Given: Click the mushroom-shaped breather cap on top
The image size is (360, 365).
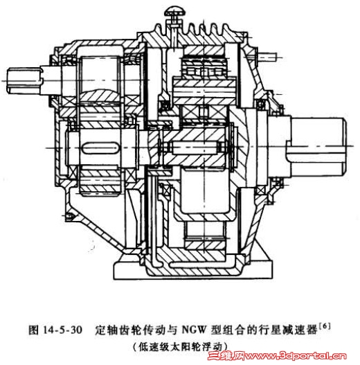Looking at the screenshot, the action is click(x=174, y=11).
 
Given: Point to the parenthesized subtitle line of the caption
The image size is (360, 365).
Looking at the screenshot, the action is click(x=181, y=346).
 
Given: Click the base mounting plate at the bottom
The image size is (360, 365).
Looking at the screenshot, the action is click(x=192, y=270).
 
